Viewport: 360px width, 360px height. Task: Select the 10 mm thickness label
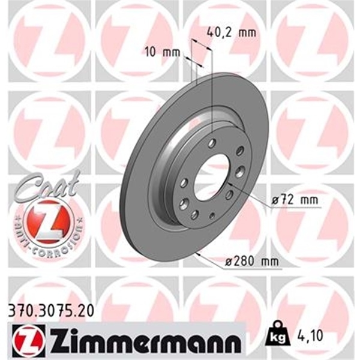[x=163, y=52]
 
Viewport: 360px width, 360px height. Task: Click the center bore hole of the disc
[x=211, y=176]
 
